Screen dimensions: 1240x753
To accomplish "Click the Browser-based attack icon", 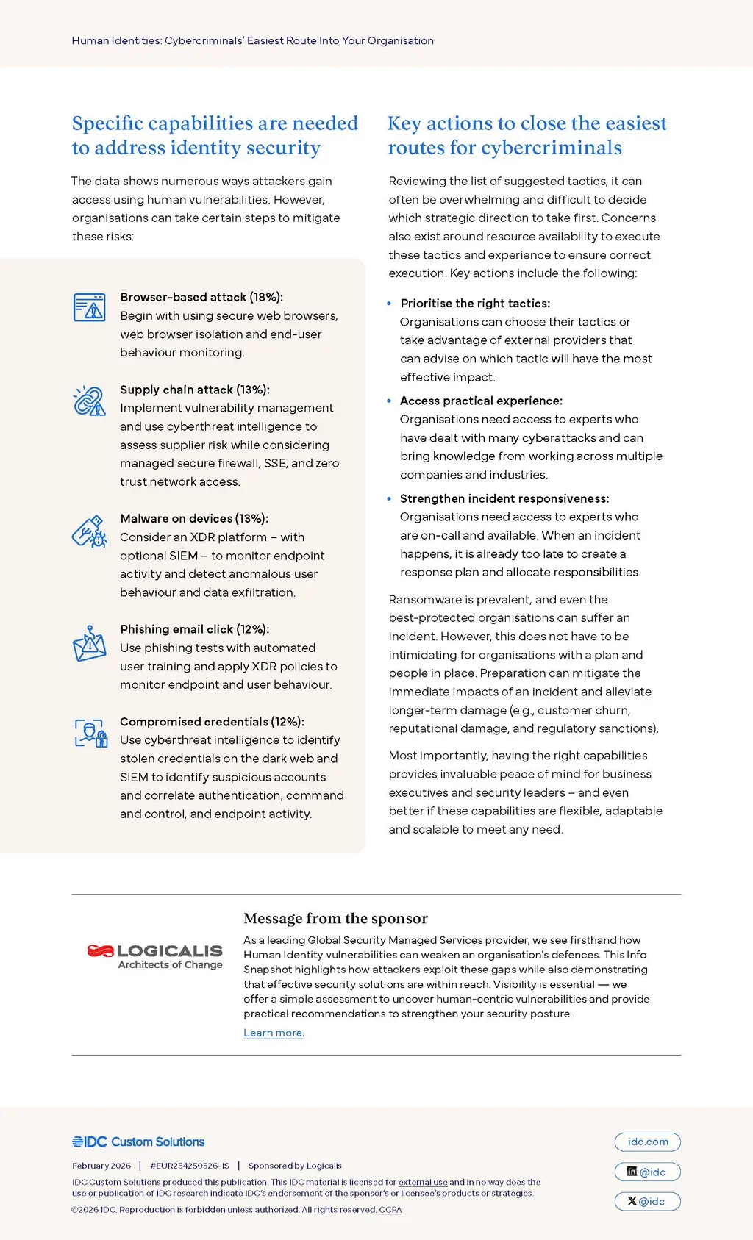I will click(x=90, y=307).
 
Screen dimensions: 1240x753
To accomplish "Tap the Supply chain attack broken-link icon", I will click(x=90, y=401).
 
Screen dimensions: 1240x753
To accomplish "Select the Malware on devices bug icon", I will click(x=90, y=531).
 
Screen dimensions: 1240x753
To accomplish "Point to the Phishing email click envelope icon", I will click(x=90, y=644).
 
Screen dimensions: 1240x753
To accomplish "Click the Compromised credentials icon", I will click(x=91, y=733).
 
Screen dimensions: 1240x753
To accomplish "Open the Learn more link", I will click(x=273, y=1033).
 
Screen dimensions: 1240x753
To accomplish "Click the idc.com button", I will click(x=647, y=1142).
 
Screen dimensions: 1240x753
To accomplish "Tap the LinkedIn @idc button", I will click(x=647, y=1172).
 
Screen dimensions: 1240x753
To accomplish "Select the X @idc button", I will click(x=647, y=1201).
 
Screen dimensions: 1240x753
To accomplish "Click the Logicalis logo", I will click(x=154, y=956).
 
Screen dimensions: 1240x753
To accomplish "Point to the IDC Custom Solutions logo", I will click(x=138, y=1142).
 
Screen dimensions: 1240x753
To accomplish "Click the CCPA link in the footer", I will click(x=390, y=1209).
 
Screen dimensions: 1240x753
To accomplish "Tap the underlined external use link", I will click(x=423, y=1182).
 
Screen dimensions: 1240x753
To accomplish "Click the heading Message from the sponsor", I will click(x=335, y=918).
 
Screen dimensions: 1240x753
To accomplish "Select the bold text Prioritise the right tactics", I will click(x=475, y=303).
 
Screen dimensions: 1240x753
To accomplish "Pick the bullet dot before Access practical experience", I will click(x=389, y=401).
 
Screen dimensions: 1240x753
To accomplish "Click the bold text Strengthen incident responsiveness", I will click(x=504, y=498).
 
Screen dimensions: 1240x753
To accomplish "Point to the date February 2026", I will click(x=101, y=1166).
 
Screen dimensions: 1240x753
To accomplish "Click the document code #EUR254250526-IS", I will click(x=190, y=1166).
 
